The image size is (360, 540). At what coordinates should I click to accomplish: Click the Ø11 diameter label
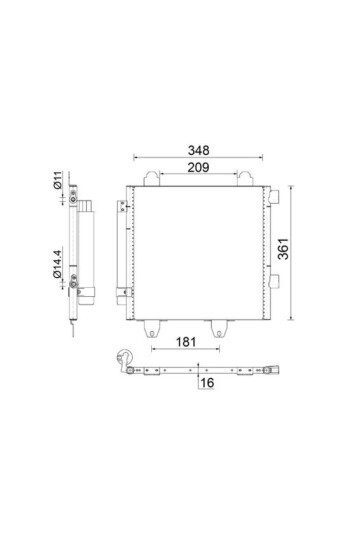coord(60,184)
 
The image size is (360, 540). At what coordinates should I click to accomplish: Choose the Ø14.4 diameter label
coord(60,259)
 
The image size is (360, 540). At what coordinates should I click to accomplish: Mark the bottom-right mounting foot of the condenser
coord(219,326)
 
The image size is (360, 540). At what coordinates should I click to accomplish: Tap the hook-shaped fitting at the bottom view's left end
coord(124,356)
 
